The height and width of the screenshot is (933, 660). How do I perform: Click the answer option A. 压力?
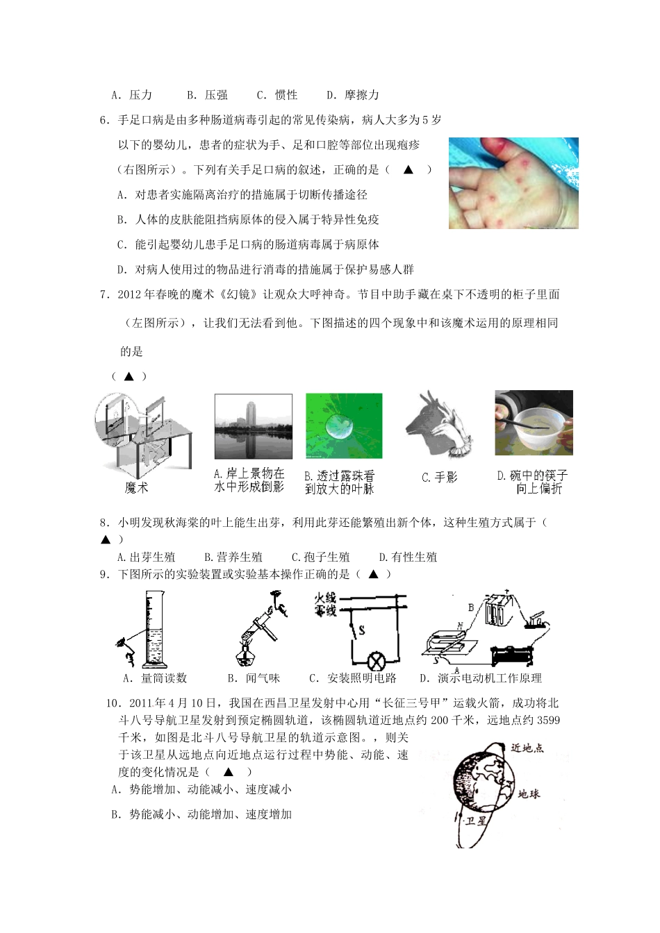pyautogui.click(x=131, y=95)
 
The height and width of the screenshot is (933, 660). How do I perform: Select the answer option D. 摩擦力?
pyautogui.click(x=353, y=95)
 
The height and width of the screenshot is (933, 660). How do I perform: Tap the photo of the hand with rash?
pyautogui.click(x=513, y=183)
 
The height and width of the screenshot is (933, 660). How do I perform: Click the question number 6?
pyautogui.click(x=104, y=120)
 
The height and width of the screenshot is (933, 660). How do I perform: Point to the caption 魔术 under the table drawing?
pyautogui.click(x=136, y=488)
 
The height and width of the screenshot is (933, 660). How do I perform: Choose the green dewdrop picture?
pyautogui.click(x=344, y=426)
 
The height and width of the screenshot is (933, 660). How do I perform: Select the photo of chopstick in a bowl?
pyautogui.click(x=534, y=423)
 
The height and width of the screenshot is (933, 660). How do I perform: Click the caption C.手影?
pyautogui.click(x=440, y=478)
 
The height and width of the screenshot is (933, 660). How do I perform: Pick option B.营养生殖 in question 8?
pyautogui.click(x=233, y=557)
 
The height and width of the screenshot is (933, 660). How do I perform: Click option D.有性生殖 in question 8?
pyautogui.click(x=408, y=557)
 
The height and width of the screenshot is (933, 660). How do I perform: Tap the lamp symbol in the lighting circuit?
pyautogui.click(x=377, y=659)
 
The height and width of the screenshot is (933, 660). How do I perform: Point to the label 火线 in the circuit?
pyautogui.click(x=325, y=598)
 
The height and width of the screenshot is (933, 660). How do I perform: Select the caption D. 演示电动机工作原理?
pyautogui.click(x=481, y=678)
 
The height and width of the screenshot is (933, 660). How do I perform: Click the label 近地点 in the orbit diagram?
pyautogui.click(x=527, y=748)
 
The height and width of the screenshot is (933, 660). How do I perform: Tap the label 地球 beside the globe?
pyautogui.click(x=529, y=793)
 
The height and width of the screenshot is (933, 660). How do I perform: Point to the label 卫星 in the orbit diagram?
pyautogui.click(x=476, y=821)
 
